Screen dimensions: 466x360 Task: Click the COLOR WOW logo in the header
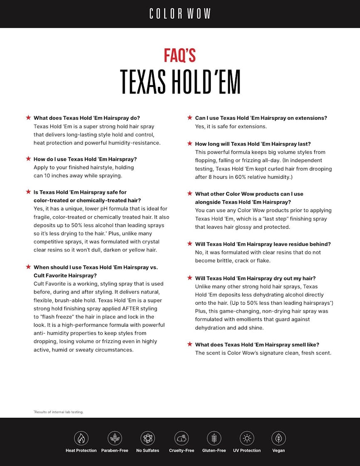coord(180,14)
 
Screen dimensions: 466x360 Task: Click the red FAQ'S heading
coord(180,55)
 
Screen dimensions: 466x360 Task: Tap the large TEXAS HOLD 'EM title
coord(180,82)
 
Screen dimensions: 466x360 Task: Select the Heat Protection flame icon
coord(81,438)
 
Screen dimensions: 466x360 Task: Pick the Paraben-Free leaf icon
coord(115,438)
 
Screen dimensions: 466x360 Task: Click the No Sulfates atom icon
coord(148,438)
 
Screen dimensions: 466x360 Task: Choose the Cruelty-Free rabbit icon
coord(182,438)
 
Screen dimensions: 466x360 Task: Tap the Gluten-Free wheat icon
coord(214,438)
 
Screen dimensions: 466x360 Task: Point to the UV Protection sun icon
coord(247,438)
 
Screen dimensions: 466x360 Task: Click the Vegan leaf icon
coord(279,438)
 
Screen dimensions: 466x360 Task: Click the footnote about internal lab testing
coord(59,412)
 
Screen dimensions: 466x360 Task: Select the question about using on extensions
coord(261,118)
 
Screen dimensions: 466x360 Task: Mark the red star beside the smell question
coord(190,344)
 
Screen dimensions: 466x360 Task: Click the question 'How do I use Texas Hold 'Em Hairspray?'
coord(85,159)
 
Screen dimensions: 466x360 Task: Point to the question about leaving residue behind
coord(263,244)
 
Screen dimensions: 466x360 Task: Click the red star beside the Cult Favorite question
coord(28,267)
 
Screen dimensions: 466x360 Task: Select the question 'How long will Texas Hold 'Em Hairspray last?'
coord(253,144)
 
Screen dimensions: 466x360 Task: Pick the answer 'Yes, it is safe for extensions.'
coord(231,126)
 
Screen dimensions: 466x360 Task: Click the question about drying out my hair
coord(255,278)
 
